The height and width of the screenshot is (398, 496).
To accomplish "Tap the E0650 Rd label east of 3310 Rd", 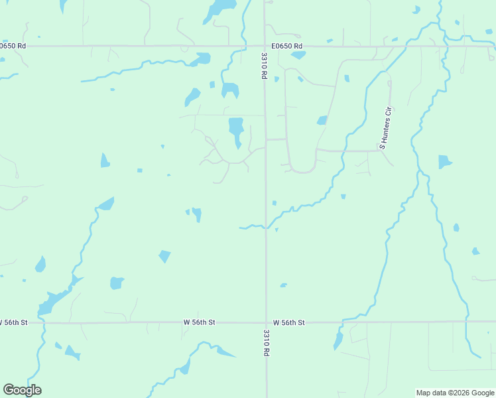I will (x=287, y=46).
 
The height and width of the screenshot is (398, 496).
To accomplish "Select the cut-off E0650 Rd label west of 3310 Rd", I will (x=13, y=46).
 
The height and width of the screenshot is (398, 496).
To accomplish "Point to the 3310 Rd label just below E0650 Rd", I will (x=264, y=66).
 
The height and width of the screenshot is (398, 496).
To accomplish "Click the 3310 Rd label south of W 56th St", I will (x=266, y=343).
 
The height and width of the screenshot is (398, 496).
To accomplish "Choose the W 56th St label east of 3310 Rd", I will (x=288, y=322).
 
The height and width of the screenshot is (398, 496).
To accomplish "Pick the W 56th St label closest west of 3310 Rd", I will (x=200, y=322).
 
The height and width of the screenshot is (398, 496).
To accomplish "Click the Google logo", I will (x=22, y=390).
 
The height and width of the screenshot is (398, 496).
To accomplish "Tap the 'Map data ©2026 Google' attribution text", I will (x=456, y=393).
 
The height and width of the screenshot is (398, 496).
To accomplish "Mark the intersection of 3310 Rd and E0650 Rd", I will (x=265, y=46).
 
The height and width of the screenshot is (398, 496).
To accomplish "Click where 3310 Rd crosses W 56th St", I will (x=266, y=323).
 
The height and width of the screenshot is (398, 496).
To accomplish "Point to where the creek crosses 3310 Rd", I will (x=266, y=226).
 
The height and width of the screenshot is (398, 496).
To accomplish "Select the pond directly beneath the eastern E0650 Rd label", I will (x=298, y=54).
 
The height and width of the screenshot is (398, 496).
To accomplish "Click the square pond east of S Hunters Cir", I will (x=444, y=162).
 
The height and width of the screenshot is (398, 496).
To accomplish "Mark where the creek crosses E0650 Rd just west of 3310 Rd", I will (x=244, y=46).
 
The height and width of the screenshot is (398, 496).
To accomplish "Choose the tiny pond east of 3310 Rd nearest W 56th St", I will (x=283, y=285).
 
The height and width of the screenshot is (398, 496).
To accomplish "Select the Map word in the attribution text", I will (x=423, y=393).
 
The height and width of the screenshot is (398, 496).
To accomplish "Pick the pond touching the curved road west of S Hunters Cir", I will (x=322, y=121).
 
